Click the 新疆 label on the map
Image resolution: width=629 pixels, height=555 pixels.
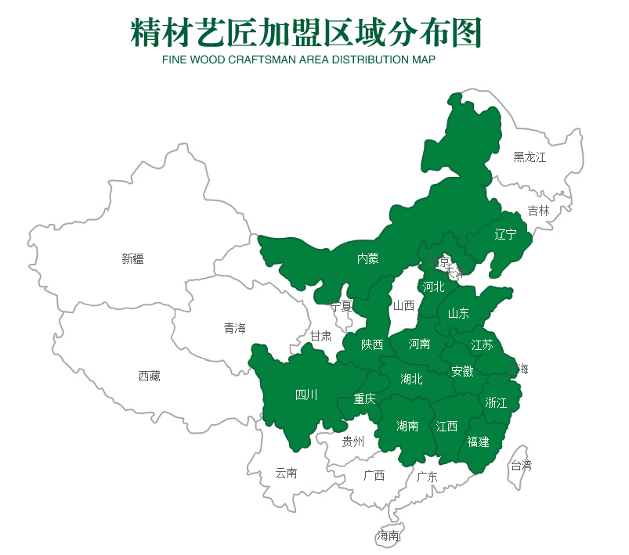coord(132,259)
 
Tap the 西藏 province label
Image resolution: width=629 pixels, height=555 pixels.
coord(149,377)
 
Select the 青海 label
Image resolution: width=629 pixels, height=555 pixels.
coord(234,329)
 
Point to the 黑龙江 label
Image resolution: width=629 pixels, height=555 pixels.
coord(530,157)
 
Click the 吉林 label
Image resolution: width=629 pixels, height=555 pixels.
coord(538,211)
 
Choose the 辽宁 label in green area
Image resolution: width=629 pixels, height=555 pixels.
coord(506,235)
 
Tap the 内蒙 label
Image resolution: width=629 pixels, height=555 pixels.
coord(367,258)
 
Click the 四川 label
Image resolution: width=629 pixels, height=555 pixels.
coord(306,395)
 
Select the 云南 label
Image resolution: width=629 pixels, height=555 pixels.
coord(286,473)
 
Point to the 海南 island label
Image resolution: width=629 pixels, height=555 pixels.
coord(388,536)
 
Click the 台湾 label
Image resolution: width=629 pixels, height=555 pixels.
coord(521,465)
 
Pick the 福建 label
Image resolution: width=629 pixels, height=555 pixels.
coord(478,442)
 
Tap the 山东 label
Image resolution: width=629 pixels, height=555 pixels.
coord(458,314)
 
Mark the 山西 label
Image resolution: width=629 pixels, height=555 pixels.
coord(403,306)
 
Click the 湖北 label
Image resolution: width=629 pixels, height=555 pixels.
coord(411,380)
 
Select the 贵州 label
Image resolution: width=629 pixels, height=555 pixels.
coord(353,442)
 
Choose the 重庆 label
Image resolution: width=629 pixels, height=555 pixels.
coord(364,399)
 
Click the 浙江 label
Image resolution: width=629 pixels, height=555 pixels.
coord(496,403)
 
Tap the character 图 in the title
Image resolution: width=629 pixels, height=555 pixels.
coord(464,33)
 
